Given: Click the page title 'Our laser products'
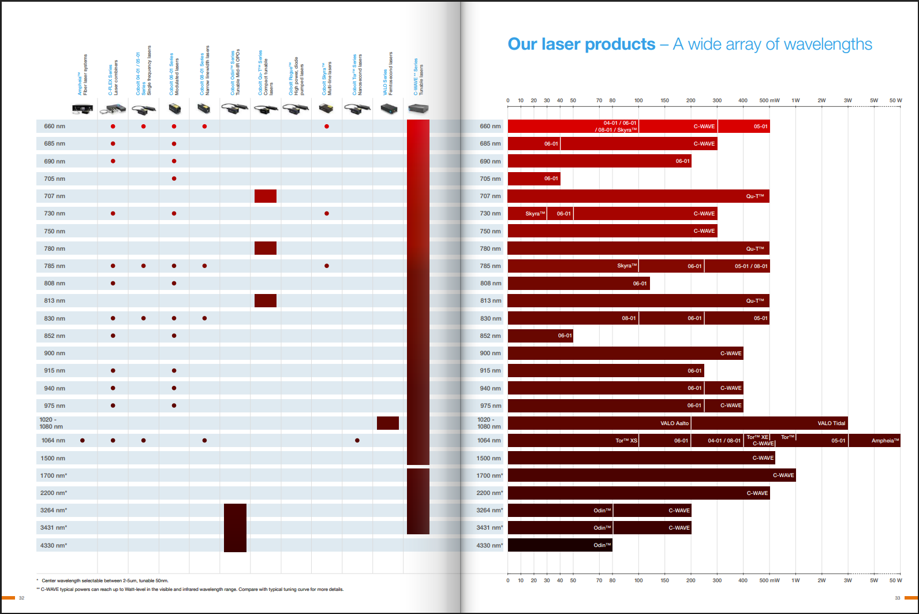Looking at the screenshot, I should coord(581,44).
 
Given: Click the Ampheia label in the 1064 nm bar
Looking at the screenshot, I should coord(885,441).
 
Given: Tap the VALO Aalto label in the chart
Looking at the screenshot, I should coord(674,423).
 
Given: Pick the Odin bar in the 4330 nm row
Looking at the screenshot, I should coord(559,545).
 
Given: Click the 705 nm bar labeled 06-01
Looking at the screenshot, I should coord(534,178).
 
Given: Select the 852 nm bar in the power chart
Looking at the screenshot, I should coord(540,336).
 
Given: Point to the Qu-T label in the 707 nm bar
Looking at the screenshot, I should coord(754,196).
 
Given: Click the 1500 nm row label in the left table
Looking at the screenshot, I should coord(53,458).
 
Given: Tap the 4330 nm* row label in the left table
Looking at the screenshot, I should coord(54,545).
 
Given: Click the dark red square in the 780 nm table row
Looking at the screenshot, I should coord(266,248).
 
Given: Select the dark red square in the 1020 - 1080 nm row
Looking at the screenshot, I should coord(388,423).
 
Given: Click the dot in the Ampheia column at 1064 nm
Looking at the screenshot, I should coord(83,441).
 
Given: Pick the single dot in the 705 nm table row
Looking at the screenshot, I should coord(174,178).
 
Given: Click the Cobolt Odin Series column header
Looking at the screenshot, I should coord(236,72).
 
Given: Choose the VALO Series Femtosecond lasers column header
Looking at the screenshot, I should coord(388,74).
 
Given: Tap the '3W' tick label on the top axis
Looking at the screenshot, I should coord(847,101).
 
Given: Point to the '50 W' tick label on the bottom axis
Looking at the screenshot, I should coord(895,580).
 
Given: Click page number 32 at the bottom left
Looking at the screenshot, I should coord(22,598).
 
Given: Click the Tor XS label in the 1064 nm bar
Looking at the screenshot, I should coord(626,441).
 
